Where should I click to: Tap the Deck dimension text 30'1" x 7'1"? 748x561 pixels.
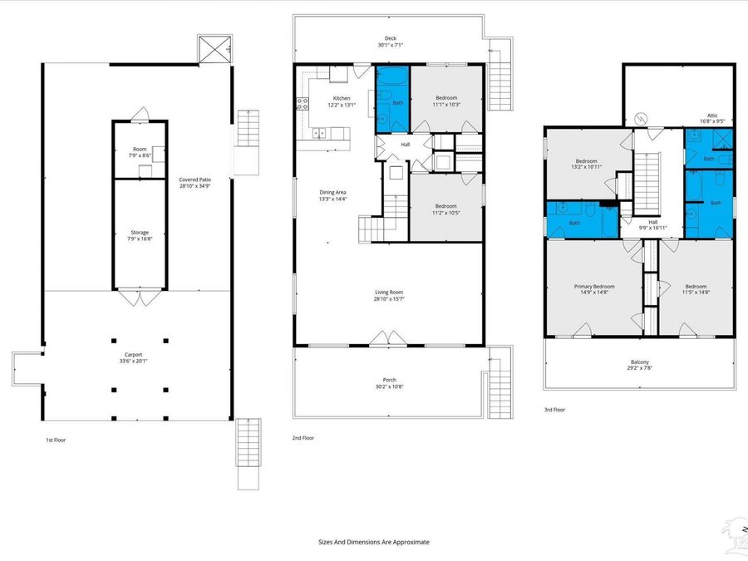[x=390, y=46]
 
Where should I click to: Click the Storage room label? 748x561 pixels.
[x=139, y=233]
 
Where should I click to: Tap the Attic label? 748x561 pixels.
[x=712, y=116]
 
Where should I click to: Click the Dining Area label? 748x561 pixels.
[x=332, y=193]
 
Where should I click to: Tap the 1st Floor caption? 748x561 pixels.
[x=56, y=440]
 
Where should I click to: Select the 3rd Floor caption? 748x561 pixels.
[x=555, y=410]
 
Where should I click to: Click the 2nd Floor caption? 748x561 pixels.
[x=303, y=437]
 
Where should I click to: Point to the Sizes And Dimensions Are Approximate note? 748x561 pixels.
[x=374, y=541]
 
